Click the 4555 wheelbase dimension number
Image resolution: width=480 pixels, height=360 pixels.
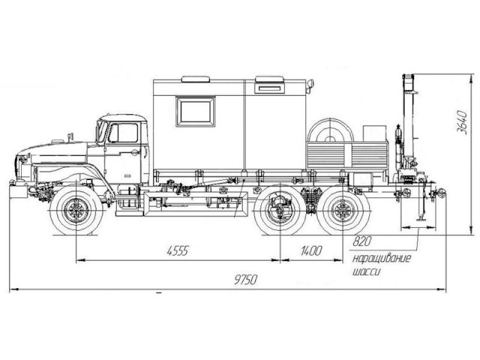178,250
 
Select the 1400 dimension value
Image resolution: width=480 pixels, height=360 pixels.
311,250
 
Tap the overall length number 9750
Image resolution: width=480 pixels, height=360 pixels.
246,280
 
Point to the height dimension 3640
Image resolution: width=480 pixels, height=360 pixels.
462,121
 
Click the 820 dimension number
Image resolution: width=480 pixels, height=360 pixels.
361,241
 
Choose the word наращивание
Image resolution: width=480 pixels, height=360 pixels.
382,259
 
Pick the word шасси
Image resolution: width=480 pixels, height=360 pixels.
367,271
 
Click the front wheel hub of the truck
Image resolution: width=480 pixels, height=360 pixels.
76,210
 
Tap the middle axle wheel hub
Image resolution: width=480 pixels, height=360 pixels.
280,210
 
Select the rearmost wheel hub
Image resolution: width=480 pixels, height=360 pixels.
343,210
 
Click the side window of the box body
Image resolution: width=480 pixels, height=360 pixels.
195,112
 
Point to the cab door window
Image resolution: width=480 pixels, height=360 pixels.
123,133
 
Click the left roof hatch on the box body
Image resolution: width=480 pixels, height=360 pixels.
196,79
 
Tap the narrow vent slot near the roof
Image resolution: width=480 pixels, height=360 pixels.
269,88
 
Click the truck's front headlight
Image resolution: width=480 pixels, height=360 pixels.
22,159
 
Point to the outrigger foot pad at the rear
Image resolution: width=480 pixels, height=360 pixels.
421,219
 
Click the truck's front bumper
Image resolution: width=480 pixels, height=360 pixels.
18,191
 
